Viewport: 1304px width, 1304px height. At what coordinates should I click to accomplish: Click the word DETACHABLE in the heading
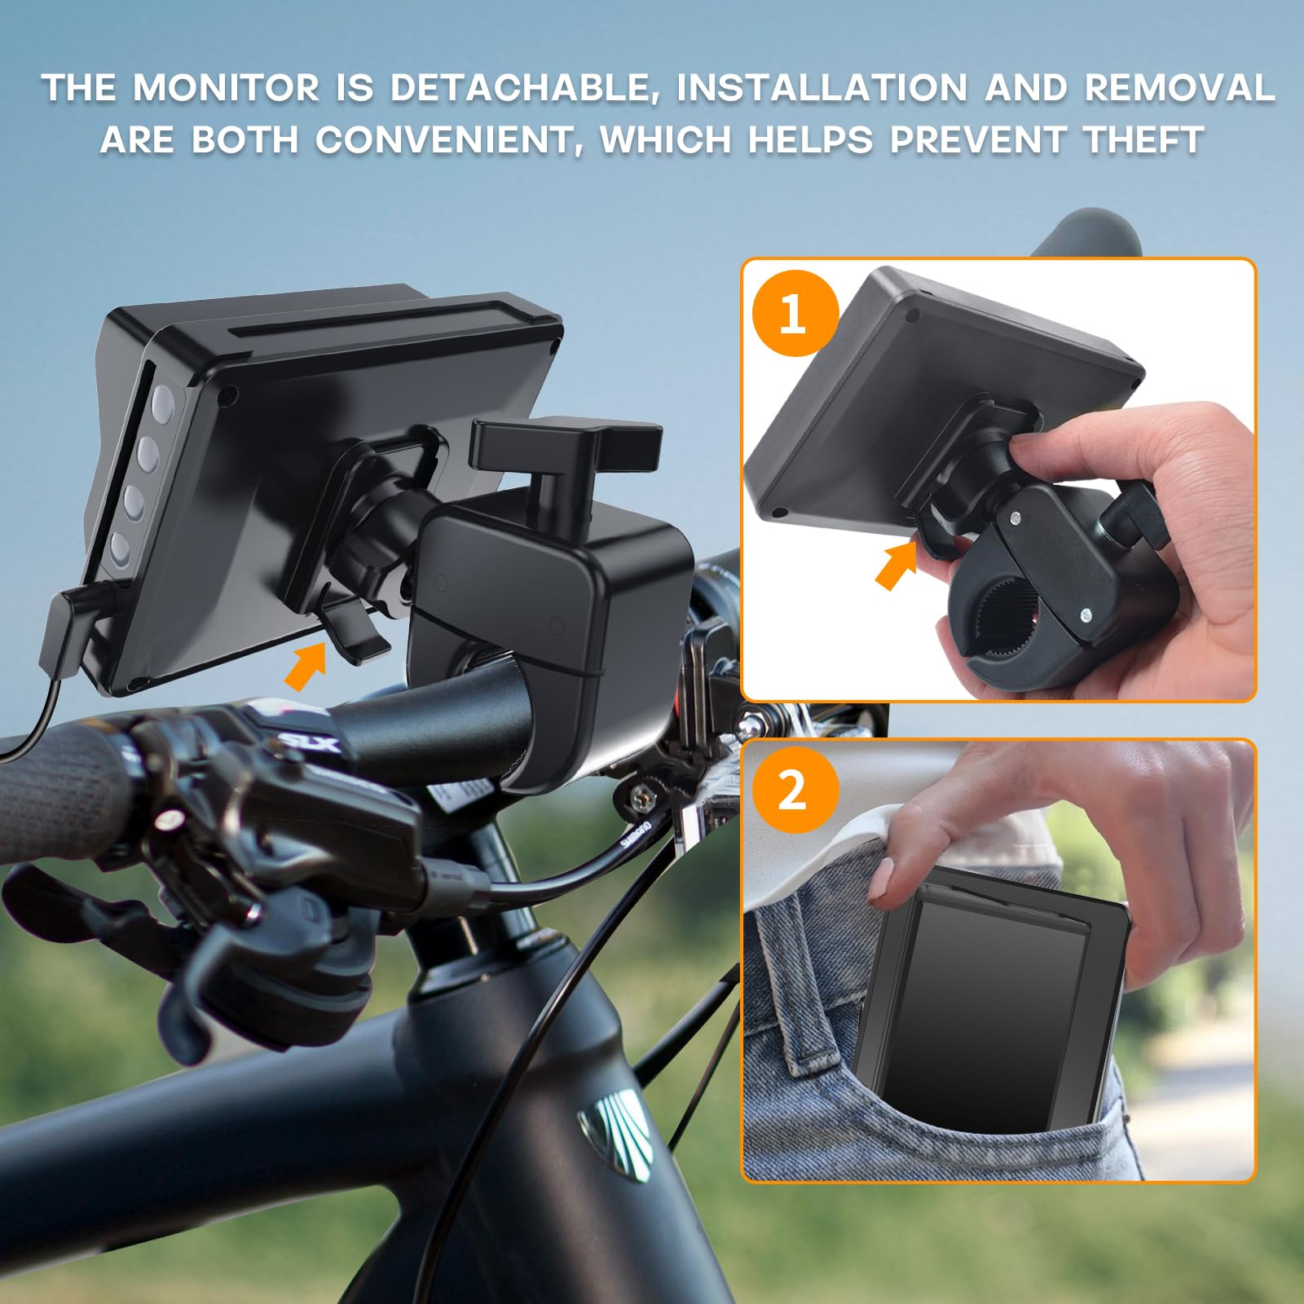click(x=522, y=88)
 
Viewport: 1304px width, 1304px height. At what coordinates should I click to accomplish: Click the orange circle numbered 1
click(x=795, y=313)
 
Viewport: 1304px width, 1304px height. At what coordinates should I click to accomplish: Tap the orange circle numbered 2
click(x=795, y=789)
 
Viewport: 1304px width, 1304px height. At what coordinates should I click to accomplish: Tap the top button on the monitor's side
click(x=162, y=401)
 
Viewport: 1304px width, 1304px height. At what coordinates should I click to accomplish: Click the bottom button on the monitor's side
click(x=120, y=548)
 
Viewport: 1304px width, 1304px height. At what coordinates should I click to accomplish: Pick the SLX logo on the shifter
click(x=308, y=742)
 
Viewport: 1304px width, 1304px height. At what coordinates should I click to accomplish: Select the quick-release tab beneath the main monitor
click(x=355, y=632)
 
